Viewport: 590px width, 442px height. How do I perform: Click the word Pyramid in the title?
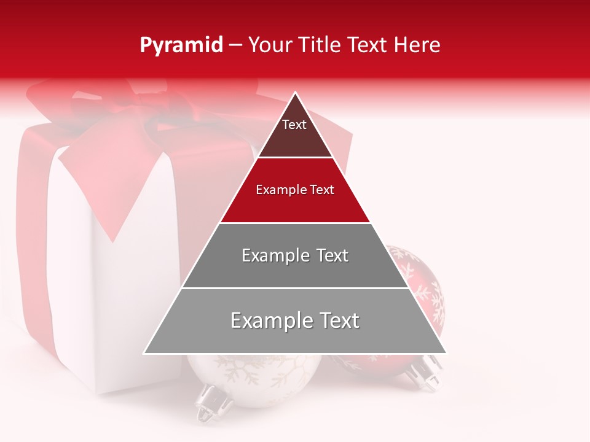coord(181,45)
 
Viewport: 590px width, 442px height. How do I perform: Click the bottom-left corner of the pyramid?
coord(145,353)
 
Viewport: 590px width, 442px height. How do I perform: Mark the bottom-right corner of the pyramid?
coord(446,353)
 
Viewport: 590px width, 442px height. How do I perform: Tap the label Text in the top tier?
coord(294,125)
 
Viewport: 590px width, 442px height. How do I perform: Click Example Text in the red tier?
coord(295,190)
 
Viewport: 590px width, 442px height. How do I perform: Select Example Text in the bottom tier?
coord(295,320)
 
